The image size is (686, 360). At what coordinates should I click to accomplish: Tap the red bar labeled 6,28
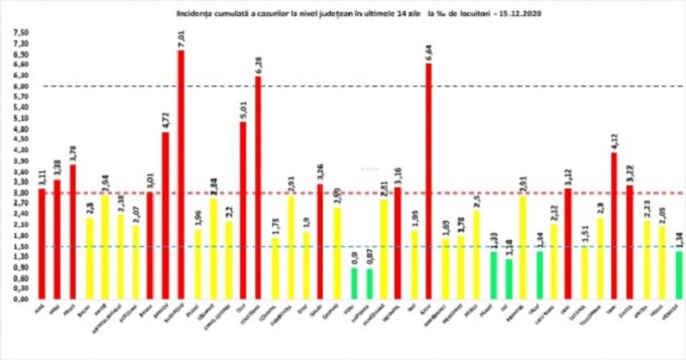point(258,186)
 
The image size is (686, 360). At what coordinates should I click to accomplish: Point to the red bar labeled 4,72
point(166,214)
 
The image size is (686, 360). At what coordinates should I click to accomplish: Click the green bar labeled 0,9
point(354,283)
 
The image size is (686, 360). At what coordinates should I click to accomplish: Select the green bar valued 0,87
point(370,284)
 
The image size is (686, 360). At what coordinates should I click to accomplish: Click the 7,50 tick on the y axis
point(22,33)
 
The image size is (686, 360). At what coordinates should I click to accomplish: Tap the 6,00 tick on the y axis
point(22,86)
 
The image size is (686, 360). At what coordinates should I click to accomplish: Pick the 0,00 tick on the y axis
point(22,299)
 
